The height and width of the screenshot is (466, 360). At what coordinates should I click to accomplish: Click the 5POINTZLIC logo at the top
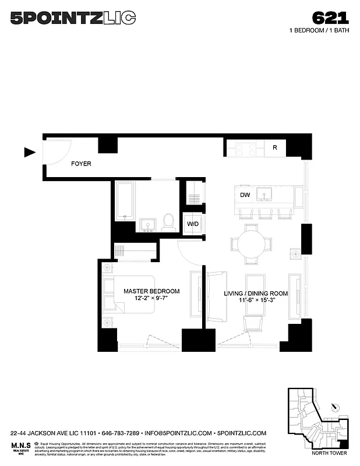pos(73,18)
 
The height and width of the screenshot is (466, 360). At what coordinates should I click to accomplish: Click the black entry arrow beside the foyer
pos(30,153)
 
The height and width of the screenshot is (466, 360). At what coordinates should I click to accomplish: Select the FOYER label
pos(81,164)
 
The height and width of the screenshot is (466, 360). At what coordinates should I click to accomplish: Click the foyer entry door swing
pos(57,153)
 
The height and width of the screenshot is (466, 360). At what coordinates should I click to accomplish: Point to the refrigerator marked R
pos(274,148)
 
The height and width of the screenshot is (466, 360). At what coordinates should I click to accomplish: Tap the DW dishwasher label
pos(245,196)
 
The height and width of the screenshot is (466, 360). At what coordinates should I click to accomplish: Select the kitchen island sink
pos(267,195)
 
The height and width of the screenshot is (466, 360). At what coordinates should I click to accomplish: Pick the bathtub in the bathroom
pos(125,200)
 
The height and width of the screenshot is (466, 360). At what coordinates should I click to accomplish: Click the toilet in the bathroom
pos(168,221)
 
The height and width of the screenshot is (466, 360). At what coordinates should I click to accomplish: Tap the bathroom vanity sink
pos(147,225)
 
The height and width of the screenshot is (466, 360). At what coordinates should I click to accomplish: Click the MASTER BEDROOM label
pos(151,291)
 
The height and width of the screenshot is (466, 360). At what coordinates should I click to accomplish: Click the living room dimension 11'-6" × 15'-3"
pos(256,302)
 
